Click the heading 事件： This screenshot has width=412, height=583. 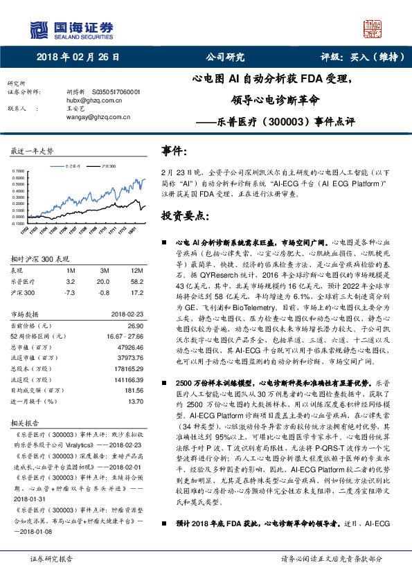click(x=175, y=151)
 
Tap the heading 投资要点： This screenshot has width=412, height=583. click(x=186, y=216)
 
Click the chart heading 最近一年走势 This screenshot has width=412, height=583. click(x=32, y=151)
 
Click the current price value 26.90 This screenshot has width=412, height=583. click(x=134, y=324)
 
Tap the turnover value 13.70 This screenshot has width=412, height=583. click(x=135, y=401)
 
